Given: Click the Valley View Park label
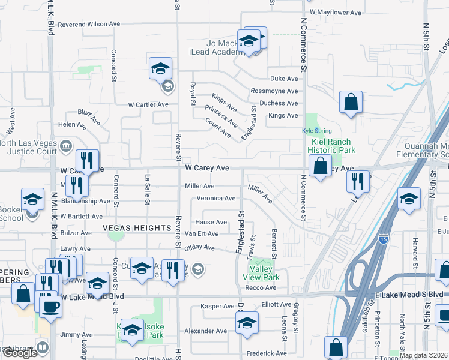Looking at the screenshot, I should (x=261, y=274).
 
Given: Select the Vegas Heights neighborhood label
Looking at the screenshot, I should (x=137, y=228).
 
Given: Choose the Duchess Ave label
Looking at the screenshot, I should (x=279, y=103).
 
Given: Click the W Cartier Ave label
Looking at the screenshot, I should (x=148, y=104).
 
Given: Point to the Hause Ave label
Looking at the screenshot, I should (x=214, y=222).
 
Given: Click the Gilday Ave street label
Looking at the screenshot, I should (x=200, y=247).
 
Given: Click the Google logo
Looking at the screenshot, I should (x=20, y=353).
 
